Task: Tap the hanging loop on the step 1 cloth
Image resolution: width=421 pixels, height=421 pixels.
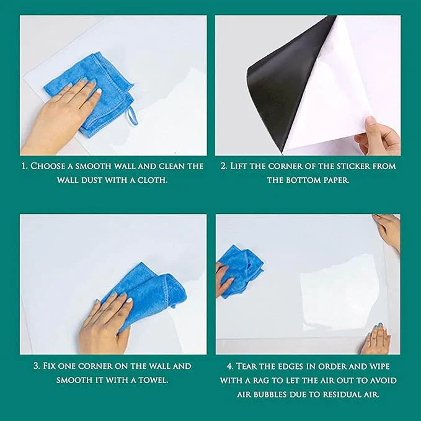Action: point(131,116)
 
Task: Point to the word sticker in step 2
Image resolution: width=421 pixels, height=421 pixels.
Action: point(362,166)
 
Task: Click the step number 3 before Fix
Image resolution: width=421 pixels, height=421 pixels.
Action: point(37,366)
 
